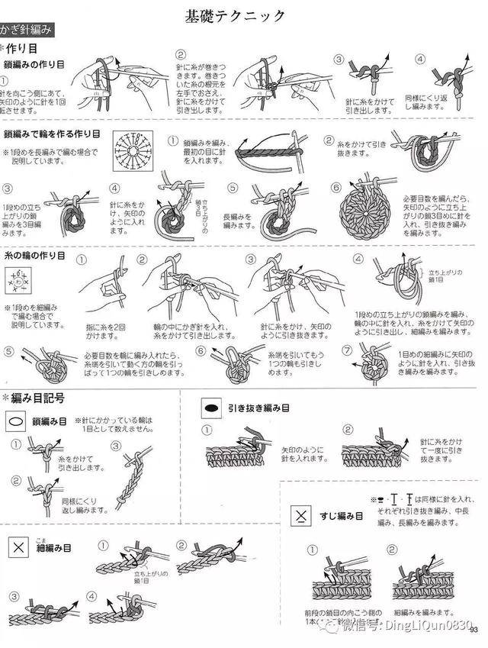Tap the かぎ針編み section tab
pos(27,31)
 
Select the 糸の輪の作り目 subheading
pos(34,254)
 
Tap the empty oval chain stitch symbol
pos(16,421)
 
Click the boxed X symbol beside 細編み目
pos(18,546)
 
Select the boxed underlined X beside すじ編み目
pos(303,516)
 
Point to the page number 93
pos(474,630)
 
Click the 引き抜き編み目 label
pos(258,408)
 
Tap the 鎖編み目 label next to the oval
pos(50,421)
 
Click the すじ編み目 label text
pos(343,517)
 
